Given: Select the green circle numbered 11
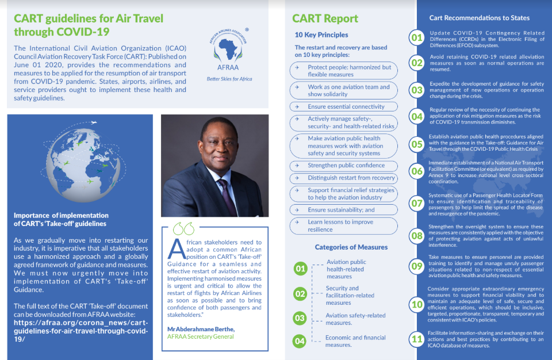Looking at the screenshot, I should click(x=416, y=339).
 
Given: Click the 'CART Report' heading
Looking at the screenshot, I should click(x=325, y=19).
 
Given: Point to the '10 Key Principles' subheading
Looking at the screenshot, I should click(x=321, y=35).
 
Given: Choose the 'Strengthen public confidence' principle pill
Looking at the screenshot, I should click(x=344, y=166).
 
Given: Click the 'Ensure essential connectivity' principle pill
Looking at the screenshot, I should click(x=344, y=106).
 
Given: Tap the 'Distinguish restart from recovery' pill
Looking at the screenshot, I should click(x=344, y=178).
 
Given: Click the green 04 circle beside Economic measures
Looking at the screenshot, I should click(x=300, y=341).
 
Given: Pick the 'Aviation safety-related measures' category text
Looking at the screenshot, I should click(x=355, y=319).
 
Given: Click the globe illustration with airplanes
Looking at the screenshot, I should click(x=80, y=161).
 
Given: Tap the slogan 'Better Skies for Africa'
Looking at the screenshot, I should click(x=229, y=79).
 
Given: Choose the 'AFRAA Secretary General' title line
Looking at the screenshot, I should click(x=201, y=336).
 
